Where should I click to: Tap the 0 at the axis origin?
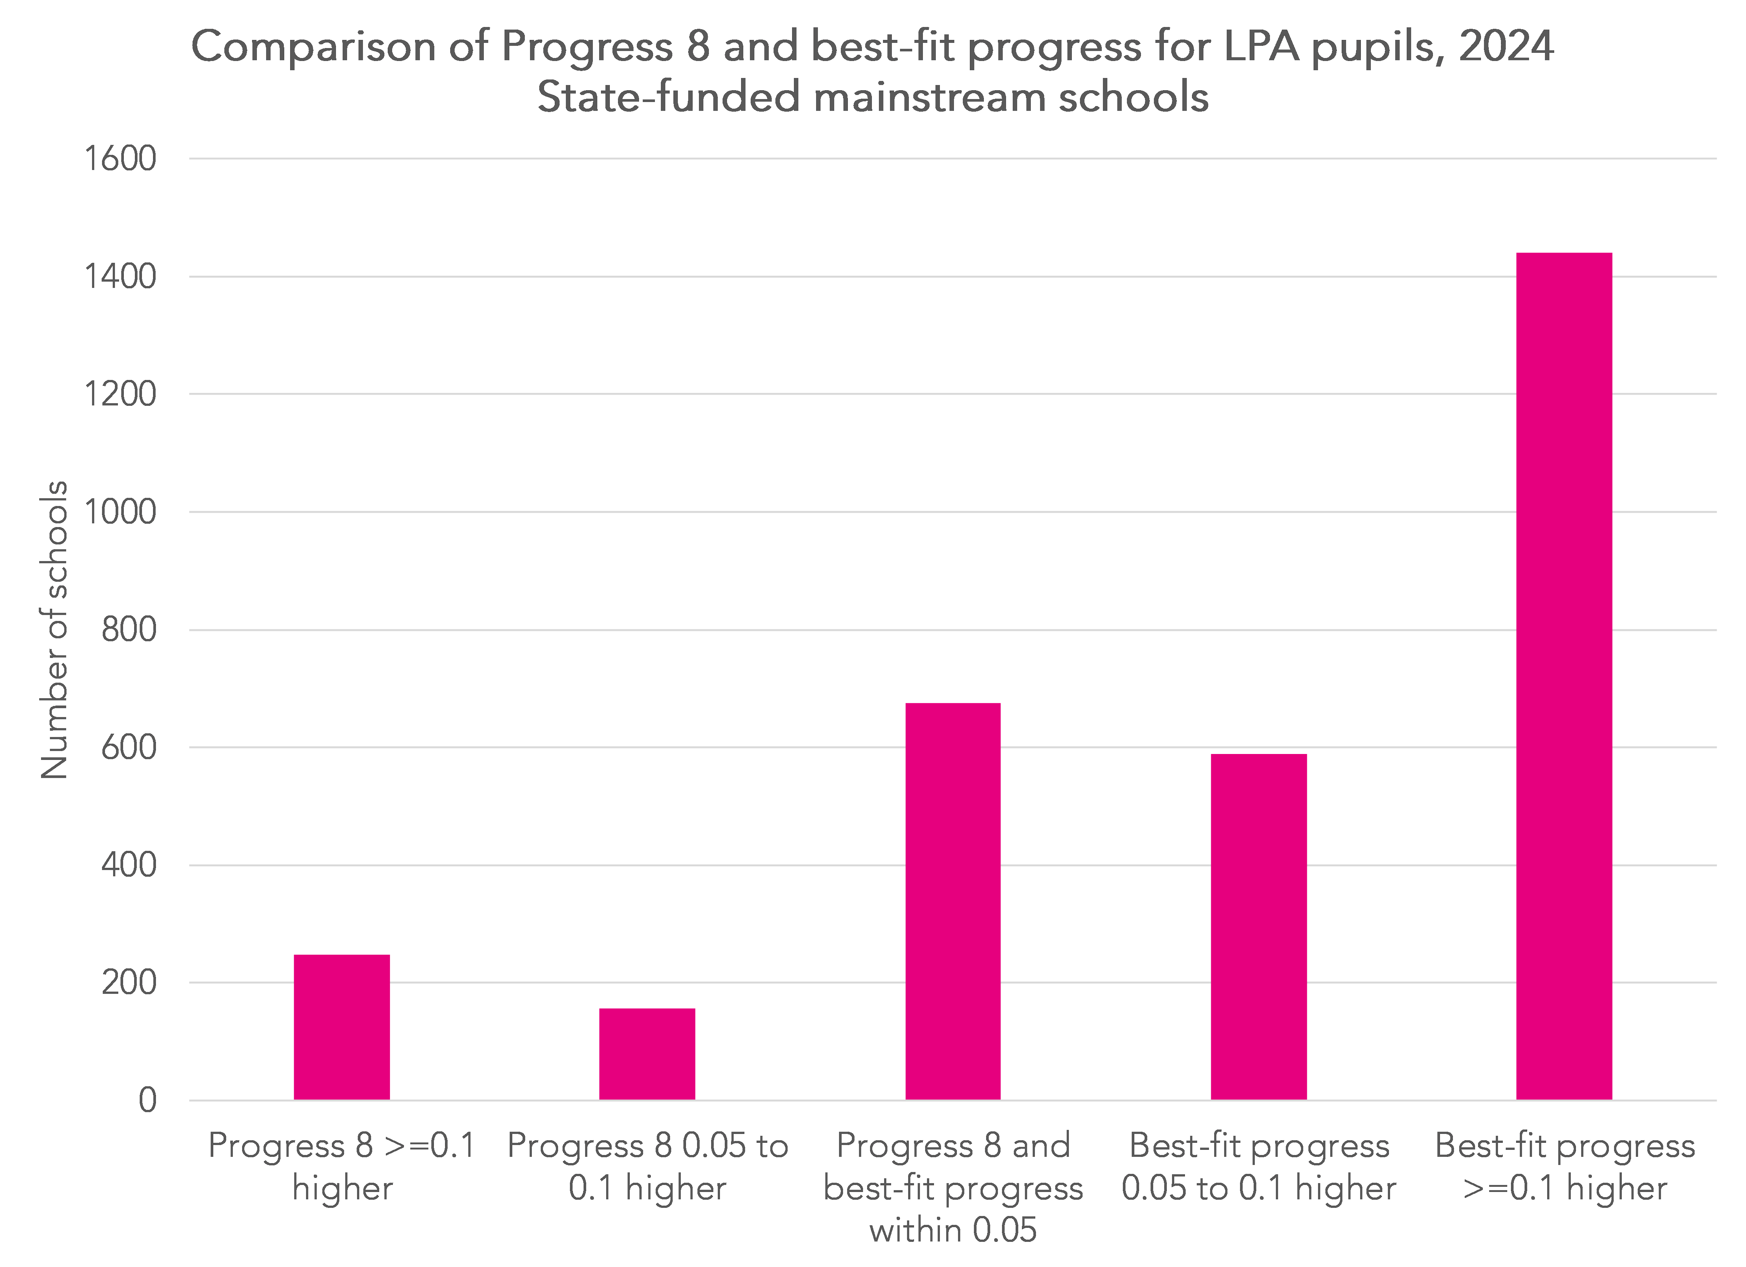(x=147, y=1101)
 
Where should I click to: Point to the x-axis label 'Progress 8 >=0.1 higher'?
(x=342, y=1166)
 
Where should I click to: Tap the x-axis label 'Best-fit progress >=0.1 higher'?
(x=1564, y=1166)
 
